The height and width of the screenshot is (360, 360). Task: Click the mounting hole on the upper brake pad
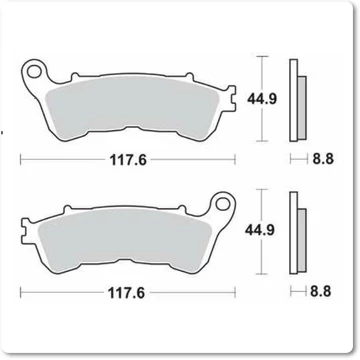[35, 72]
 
